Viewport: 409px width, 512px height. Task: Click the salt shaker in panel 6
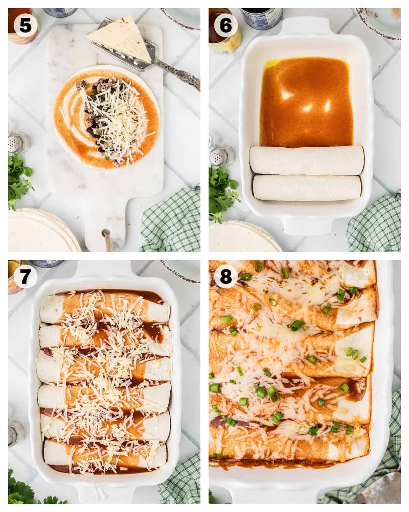(218, 154)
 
